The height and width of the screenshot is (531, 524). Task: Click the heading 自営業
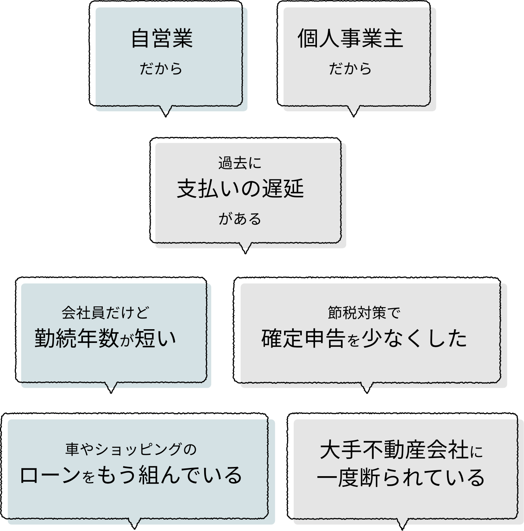pyautogui.click(x=162, y=39)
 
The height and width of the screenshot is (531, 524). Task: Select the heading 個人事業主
pyautogui.click(x=350, y=39)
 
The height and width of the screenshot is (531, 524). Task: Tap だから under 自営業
pyautogui.click(x=161, y=69)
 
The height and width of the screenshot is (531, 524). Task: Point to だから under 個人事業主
pyautogui.click(x=350, y=69)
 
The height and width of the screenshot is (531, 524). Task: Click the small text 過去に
pyautogui.click(x=240, y=163)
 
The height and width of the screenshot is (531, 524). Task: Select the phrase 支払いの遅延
pyautogui.click(x=240, y=189)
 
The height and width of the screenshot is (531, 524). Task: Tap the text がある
pyautogui.click(x=240, y=219)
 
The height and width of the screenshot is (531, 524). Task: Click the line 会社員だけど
pyautogui.click(x=105, y=313)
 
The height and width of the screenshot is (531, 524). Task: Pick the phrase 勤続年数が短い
pyautogui.click(x=106, y=338)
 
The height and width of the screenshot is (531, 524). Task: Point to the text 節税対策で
pyautogui.click(x=364, y=313)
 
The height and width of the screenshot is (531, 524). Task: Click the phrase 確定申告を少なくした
pyautogui.click(x=364, y=338)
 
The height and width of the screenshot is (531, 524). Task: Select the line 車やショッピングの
pyautogui.click(x=131, y=449)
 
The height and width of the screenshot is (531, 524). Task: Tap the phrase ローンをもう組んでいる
pyautogui.click(x=131, y=475)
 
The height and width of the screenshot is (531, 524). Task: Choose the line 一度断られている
pyautogui.click(x=401, y=477)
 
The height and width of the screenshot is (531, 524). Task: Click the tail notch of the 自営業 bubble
pyautogui.click(x=166, y=108)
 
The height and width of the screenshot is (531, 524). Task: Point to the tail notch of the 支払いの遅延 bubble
pyautogui.click(x=246, y=246)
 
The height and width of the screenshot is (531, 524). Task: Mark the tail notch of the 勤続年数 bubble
pyautogui.click(x=112, y=385)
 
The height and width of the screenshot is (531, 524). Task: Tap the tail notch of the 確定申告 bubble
pyautogui.click(x=367, y=385)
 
